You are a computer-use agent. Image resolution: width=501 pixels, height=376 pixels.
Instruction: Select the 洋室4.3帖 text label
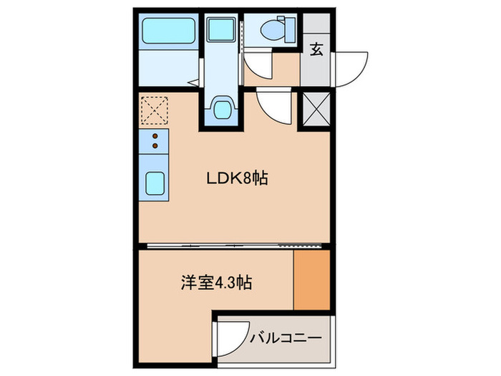point(215,283)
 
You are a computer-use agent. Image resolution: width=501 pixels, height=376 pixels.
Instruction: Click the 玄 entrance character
point(316,49)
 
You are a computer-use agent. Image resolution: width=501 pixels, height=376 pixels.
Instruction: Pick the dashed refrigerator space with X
point(153,110)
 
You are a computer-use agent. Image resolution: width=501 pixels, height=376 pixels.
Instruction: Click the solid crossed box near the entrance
point(316,110)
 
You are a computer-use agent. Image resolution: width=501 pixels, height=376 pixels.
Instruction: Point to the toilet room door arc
point(261,65)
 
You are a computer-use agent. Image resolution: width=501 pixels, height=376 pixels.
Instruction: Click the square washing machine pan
point(221,31)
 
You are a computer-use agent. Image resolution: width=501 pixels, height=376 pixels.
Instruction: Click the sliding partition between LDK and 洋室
point(234,246)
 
